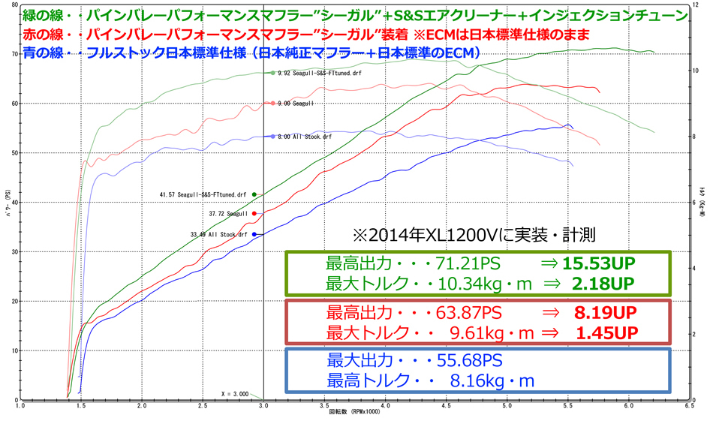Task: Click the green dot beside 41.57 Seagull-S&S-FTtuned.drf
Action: (254, 194)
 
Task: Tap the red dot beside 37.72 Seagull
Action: (254, 213)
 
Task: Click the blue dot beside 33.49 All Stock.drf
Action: (254, 234)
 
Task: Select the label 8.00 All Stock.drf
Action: (304, 137)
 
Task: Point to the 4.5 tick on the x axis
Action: (447, 406)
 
